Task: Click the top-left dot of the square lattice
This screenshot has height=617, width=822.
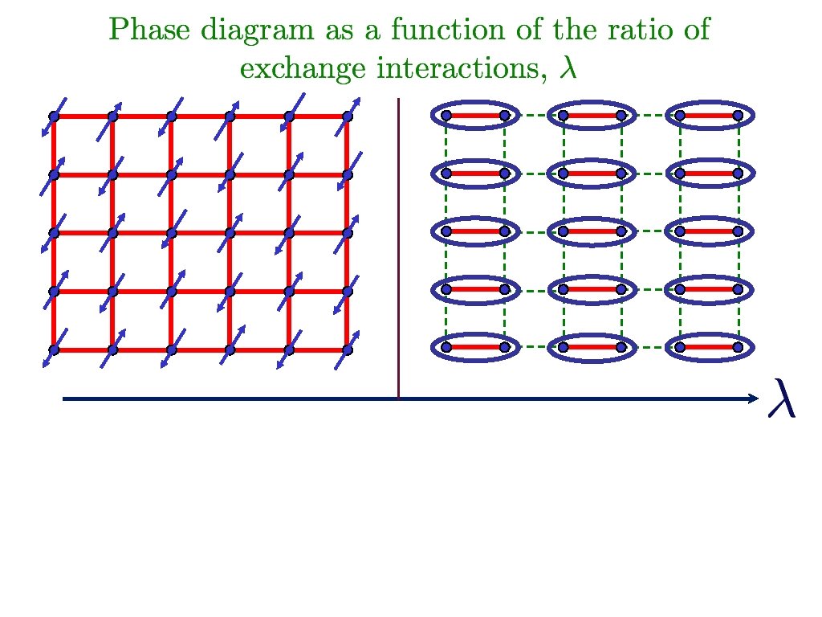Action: click(54, 116)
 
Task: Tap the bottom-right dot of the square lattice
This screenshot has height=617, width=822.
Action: click(348, 349)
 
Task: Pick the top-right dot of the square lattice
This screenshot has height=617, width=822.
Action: click(348, 116)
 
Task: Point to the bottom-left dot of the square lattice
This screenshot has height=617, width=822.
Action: click(54, 349)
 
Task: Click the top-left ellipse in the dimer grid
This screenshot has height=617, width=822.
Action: click(475, 116)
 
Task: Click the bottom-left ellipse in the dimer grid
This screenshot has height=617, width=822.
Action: click(475, 348)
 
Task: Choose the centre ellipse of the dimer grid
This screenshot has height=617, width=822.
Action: click(592, 232)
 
